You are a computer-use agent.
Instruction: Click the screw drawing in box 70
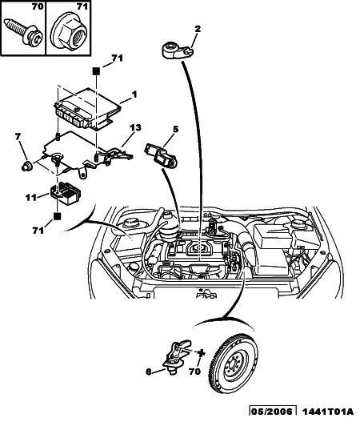tap(24, 32)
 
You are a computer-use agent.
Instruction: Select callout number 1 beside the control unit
tap(134, 94)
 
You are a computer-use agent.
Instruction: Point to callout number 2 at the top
tap(198, 29)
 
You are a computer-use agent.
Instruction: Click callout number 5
tap(176, 130)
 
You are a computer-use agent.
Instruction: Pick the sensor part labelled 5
tap(162, 155)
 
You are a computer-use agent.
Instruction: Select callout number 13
tap(135, 127)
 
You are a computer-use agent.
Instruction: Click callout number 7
tap(18, 137)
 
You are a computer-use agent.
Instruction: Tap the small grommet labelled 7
tap(26, 166)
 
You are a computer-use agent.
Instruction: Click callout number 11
tap(31, 197)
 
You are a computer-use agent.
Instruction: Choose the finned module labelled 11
tap(65, 193)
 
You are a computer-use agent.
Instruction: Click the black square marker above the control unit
tap(96, 71)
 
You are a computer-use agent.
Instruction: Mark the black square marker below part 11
tap(57, 216)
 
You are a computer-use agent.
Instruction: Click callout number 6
tap(149, 372)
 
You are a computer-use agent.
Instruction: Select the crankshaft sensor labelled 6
tap(177, 356)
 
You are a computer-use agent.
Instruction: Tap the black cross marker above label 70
tap(201, 353)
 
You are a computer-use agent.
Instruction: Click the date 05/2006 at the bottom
tap(272, 412)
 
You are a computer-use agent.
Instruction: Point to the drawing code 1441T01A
tap(328, 412)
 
